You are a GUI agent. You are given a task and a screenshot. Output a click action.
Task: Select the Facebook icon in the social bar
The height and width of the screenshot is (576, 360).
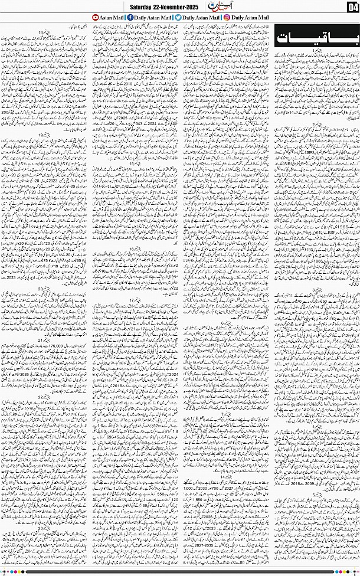coord(130,18)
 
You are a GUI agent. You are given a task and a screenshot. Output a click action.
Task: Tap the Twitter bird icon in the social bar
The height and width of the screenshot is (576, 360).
coord(178,18)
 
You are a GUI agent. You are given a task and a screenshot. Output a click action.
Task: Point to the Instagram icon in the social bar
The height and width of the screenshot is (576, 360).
coord(227,18)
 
